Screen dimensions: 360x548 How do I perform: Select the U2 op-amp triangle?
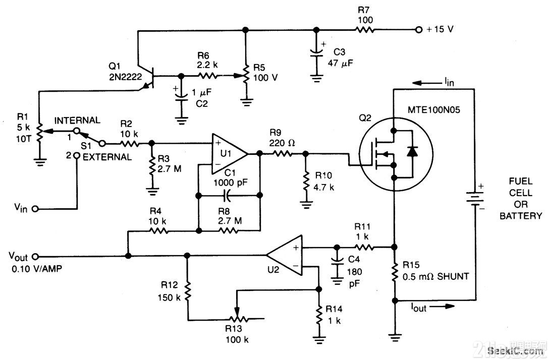click(286, 257)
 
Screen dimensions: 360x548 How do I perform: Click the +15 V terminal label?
click(440, 30)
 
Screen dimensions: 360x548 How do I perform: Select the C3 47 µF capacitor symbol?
click(316, 52)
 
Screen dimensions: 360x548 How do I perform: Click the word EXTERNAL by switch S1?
click(106, 157)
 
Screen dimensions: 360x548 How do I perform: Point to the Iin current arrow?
click(424, 83)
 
